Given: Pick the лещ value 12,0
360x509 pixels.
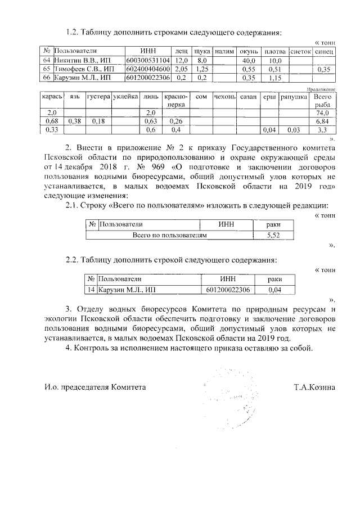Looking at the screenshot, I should [x=181, y=60].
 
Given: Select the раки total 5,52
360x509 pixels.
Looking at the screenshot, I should [x=273, y=235].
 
